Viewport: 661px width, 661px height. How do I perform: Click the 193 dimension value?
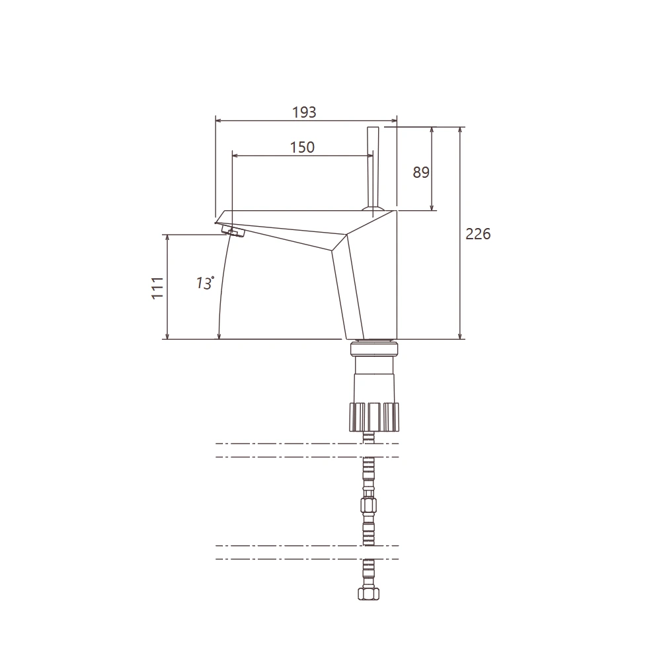[x=304, y=112]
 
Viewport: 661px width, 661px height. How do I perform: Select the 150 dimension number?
[x=302, y=147]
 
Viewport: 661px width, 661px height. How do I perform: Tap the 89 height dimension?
[x=420, y=173]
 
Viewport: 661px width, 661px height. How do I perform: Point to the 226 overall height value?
[x=478, y=233]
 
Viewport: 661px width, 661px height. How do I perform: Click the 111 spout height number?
[x=157, y=288]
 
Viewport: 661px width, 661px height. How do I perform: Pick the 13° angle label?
[x=205, y=283]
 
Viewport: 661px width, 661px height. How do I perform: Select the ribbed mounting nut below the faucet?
[x=374, y=416]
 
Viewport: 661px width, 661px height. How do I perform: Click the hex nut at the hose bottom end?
[x=369, y=593]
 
